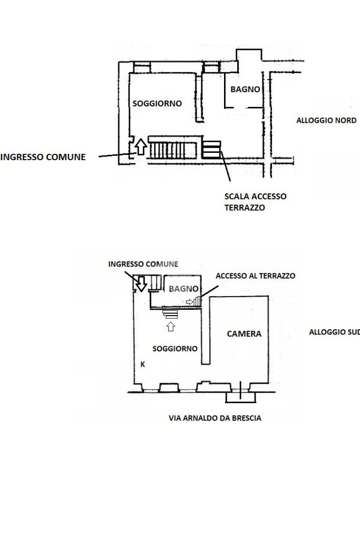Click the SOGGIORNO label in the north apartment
point(157,103)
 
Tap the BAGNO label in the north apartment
point(245,90)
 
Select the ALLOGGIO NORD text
point(326,120)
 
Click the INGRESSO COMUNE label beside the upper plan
point(43,157)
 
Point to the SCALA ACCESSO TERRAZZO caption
point(256,202)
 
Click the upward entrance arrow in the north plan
point(140,146)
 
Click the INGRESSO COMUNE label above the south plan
point(143,264)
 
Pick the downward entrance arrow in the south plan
point(141,284)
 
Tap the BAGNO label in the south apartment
point(183,289)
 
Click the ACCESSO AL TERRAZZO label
point(256,276)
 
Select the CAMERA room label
point(244,334)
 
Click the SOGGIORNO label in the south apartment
point(174,349)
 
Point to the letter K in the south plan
point(143,365)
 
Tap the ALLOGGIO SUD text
point(334,332)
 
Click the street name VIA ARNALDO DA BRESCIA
point(215,418)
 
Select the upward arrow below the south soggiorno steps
point(171,326)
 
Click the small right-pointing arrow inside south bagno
point(189,302)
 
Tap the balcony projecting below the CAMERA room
point(241,397)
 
